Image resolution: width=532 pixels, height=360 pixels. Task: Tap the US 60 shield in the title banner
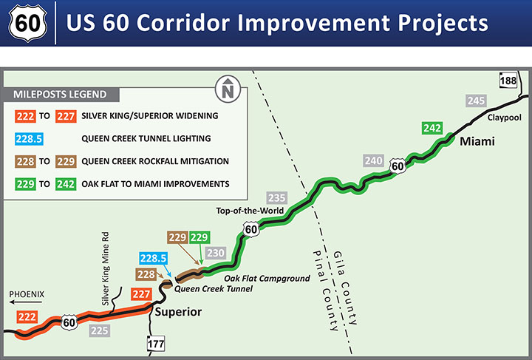pyautogui.click(x=27, y=24)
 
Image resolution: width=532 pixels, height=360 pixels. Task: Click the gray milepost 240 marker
pyautogui.click(x=374, y=161)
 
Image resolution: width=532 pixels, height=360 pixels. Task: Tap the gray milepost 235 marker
pyautogui.click(x=276, y=197)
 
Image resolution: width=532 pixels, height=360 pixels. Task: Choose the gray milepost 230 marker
pyautogui.click(x=216, y=253)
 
